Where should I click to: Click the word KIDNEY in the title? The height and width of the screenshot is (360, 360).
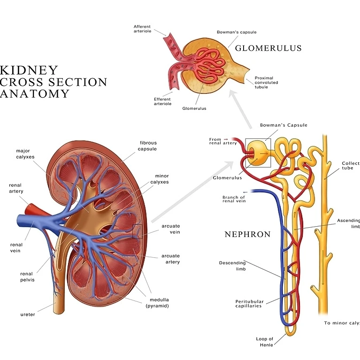click(x=29, y=71)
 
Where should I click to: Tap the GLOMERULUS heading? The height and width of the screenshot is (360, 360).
click(x=268, y=48)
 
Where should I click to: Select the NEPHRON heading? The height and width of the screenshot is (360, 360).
click(x=247, y=234)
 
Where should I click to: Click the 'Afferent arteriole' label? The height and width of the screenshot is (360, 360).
click(x=142, y=29)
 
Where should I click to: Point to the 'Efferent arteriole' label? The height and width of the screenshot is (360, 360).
click(x=162, y=101)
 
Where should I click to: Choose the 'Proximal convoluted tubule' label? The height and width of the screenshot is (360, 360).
click(x=266, y=83)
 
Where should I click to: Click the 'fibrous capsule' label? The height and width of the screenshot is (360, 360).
click(x=148, y=146)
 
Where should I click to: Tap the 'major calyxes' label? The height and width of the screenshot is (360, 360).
click(x=23, y=153)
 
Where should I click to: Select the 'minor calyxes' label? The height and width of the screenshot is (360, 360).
click(x=161, y=179)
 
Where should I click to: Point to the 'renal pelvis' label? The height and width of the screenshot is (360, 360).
click(x=27, y=276)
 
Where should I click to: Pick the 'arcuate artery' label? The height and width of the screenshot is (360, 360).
click(x=170, y=259)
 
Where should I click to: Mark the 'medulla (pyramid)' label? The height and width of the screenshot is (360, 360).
click(x=160, y=303)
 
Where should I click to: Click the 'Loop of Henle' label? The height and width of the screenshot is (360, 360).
click(x=264, y=342)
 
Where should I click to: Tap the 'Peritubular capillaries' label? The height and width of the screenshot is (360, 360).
click(x=249, y=304)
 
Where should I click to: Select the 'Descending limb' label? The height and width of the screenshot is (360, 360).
click(x=232, y=266)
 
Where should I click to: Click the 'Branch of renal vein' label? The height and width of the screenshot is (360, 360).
click(x=234, y=199)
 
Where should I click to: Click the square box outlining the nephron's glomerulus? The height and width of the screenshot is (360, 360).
click(x=258, y=153)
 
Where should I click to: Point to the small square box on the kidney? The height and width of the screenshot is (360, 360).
click(x=138, y=231)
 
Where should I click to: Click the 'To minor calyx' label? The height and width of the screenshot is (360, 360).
click(x=342, y=323)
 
